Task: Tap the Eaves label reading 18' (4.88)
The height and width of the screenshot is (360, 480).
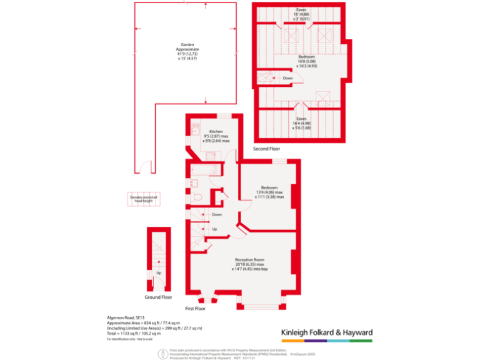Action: coord(301,14)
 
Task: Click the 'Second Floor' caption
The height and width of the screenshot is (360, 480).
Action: coord(266,149)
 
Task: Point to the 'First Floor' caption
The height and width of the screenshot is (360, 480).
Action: coord(196,309)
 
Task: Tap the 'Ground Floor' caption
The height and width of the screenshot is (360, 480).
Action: coord(159,297)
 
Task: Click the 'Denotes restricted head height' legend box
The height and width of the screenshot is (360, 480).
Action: coord(144,199)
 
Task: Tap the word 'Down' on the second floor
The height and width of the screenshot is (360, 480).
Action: coord(287,78)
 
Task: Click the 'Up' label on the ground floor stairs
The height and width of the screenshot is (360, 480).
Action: coord(158,273)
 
